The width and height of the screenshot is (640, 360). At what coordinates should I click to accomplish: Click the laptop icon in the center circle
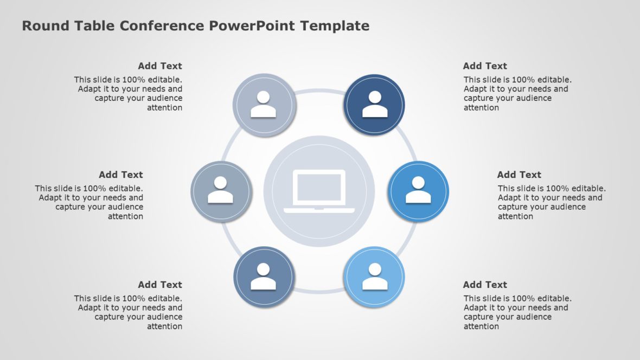319,191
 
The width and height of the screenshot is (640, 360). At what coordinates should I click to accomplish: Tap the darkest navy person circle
375,104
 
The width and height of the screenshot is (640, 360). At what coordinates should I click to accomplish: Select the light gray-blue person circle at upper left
264,104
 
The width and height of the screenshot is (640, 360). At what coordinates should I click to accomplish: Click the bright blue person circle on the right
418,191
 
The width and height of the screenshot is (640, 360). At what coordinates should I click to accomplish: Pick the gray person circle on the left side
220,191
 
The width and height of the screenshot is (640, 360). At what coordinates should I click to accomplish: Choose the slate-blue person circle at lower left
264,277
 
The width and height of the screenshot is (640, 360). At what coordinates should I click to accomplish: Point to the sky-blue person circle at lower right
375,277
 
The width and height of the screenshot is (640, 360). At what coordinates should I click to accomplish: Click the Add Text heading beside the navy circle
485,66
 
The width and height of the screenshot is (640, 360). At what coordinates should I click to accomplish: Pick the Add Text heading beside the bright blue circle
519,175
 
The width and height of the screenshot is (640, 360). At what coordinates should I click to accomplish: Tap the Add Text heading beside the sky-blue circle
485,285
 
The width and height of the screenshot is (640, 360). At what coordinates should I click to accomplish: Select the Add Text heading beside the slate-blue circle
160,285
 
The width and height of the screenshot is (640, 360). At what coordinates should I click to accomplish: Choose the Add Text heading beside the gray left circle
121,175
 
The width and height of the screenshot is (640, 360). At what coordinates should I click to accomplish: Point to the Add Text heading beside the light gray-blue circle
160,66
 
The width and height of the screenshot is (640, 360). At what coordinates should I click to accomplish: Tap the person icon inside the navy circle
375,105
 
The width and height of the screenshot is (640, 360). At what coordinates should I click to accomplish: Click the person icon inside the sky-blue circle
375,277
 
